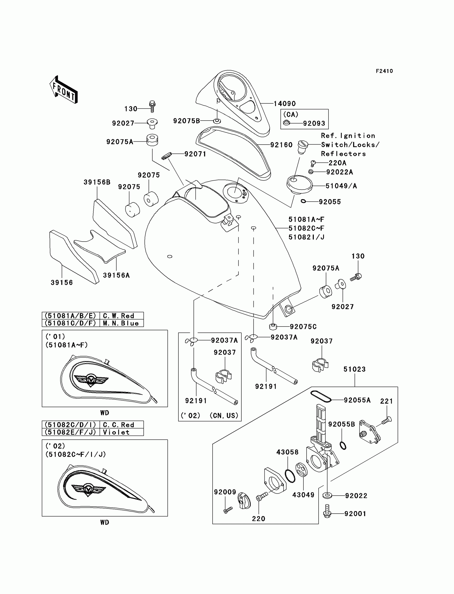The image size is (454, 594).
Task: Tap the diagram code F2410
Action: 384,71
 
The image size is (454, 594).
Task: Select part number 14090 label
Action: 285,104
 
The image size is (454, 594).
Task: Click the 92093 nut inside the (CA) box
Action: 287,123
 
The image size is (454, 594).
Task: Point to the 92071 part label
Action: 195,154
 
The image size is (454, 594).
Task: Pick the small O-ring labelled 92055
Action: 303,201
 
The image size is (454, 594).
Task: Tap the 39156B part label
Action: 97,182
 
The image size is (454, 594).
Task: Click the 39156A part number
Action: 116,275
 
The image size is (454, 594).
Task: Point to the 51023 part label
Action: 354,369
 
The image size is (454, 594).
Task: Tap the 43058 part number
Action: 287,452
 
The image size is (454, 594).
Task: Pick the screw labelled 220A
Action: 313,163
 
